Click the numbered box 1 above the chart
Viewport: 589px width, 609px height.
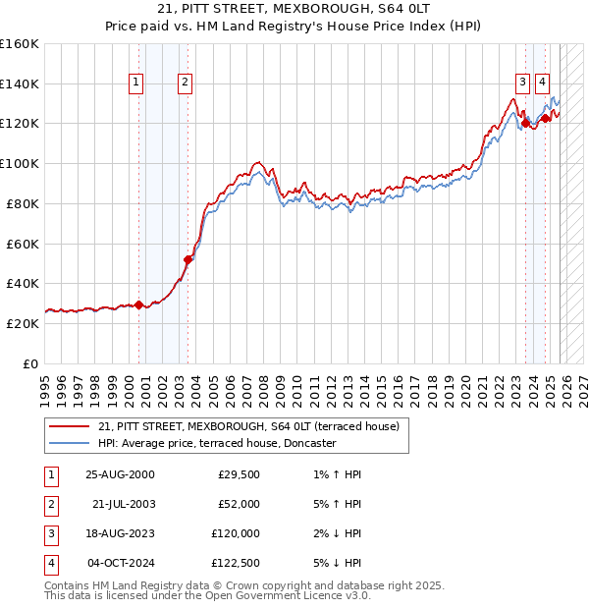(135, 83)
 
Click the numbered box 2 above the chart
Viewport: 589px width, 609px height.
(185, 83)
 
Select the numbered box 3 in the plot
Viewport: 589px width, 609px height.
(522, 83)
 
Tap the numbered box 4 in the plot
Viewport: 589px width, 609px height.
(542, 83)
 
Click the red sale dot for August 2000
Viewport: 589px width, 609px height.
(139, 304)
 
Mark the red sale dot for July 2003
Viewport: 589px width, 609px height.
(187, 259)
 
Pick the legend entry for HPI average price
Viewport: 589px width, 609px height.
(217, 444)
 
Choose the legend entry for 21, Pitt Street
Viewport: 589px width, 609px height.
(247, 426)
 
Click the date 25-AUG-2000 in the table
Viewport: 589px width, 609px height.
(120, 474)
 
